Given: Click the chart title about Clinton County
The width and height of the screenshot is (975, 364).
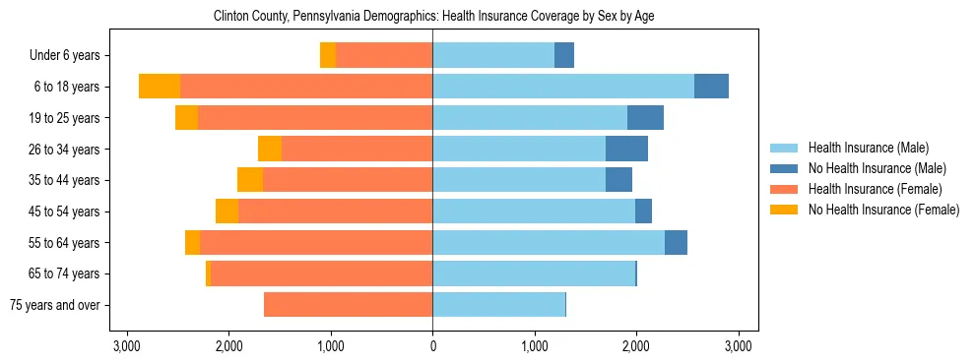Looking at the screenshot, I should (433, 17).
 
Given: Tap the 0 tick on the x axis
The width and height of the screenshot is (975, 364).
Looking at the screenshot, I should (432, 346).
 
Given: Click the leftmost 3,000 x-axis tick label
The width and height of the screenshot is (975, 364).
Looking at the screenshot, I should (126, 346).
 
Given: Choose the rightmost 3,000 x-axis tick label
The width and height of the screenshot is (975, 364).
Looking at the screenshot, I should (739, 346).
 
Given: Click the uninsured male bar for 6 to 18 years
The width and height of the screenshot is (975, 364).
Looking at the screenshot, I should (711, 87).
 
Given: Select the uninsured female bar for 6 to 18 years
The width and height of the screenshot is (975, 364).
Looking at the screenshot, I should (160, 87).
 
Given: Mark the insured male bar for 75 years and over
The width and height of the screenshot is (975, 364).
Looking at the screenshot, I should (498, 305).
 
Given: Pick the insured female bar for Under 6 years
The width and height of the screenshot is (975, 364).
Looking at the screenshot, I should (384, 55).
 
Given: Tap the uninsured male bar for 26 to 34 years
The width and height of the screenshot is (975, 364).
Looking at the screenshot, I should (626, 149).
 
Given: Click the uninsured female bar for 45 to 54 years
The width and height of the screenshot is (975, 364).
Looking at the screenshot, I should (227, 212).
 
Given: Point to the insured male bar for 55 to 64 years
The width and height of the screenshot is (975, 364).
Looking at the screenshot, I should (549, 243).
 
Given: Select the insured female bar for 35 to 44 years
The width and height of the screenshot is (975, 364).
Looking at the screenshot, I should (348, 180).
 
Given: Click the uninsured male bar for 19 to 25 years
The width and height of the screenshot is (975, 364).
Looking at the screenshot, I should (645, 118).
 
